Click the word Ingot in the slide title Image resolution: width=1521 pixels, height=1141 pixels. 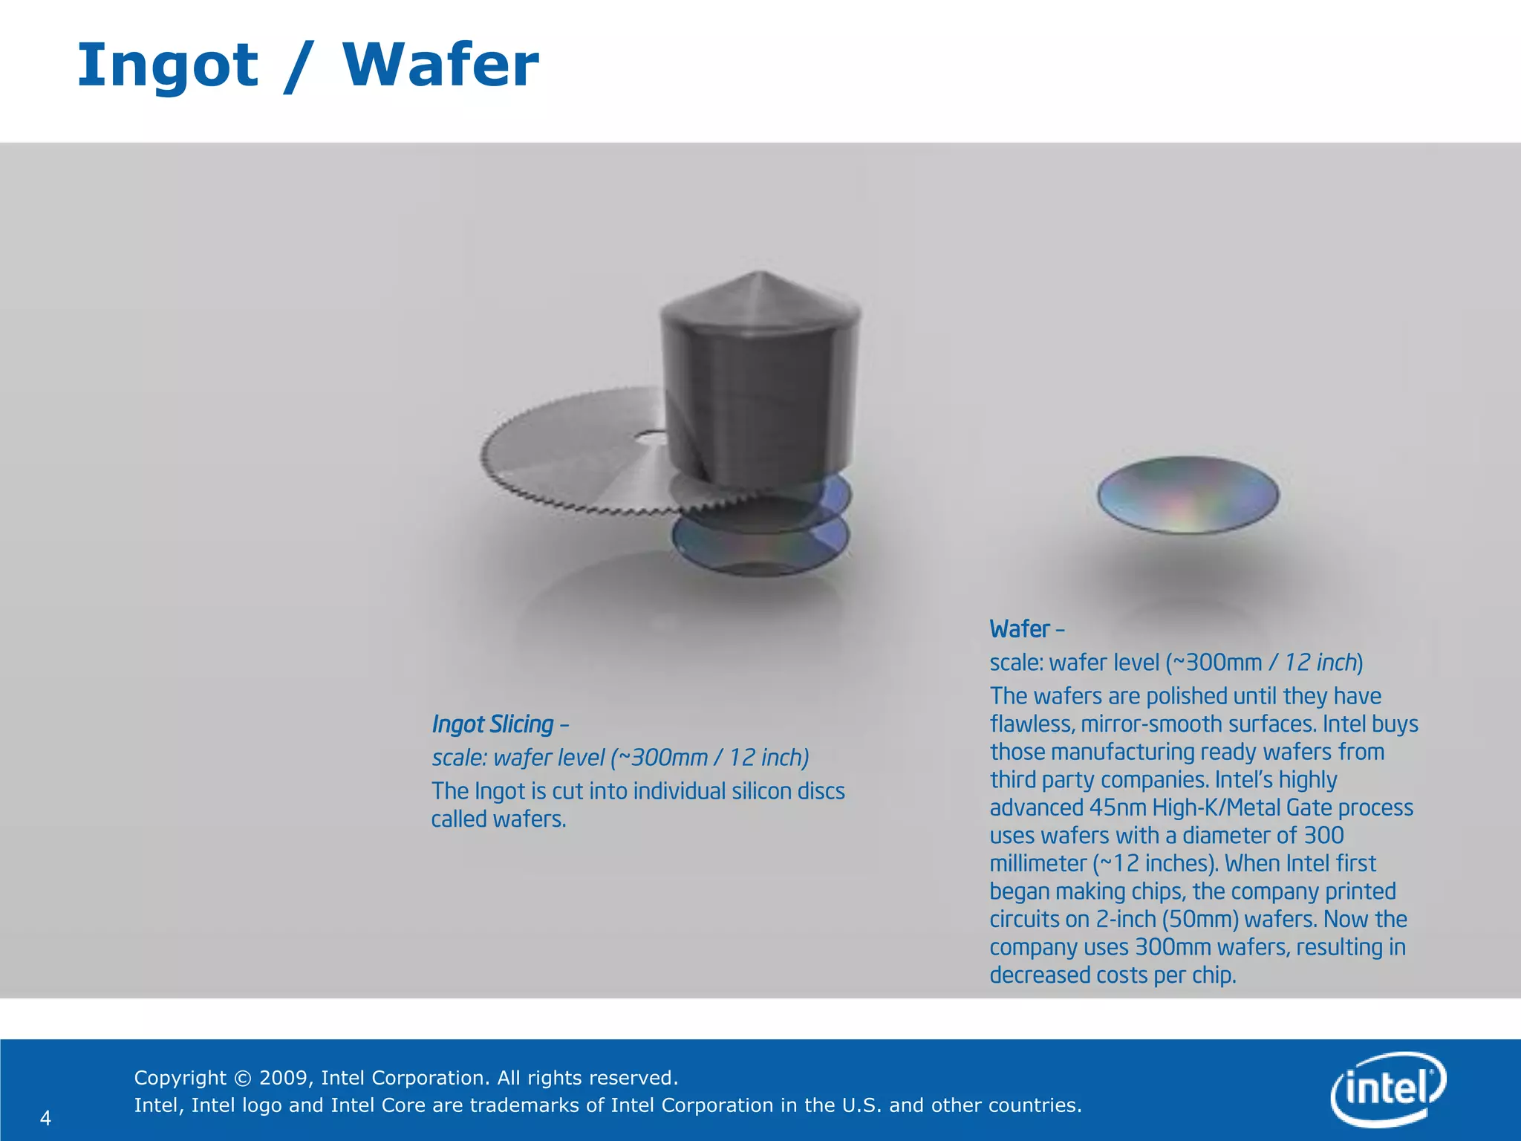click(168, 65)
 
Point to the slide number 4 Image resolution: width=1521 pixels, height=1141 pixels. click(45, 1118)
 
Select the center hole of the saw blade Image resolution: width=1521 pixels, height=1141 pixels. click(652, 439)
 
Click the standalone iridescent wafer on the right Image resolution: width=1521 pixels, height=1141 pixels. click(1188, 495)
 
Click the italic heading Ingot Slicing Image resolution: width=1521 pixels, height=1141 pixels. click(493, 724)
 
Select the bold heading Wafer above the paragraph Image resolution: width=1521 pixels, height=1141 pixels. click(1020, 629)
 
